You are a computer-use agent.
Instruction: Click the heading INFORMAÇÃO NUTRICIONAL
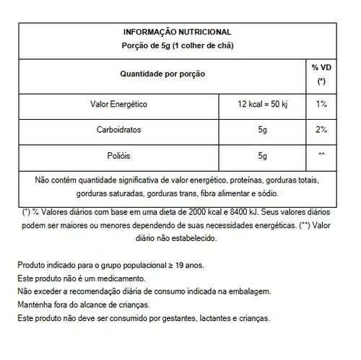coord(177,32)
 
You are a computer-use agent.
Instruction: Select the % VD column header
coord(321,74)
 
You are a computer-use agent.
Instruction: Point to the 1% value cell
coord(321,105)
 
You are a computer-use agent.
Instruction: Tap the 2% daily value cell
coord(321,130)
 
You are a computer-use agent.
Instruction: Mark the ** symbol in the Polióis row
coord(321,155)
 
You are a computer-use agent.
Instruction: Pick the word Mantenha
coord(33,304)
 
